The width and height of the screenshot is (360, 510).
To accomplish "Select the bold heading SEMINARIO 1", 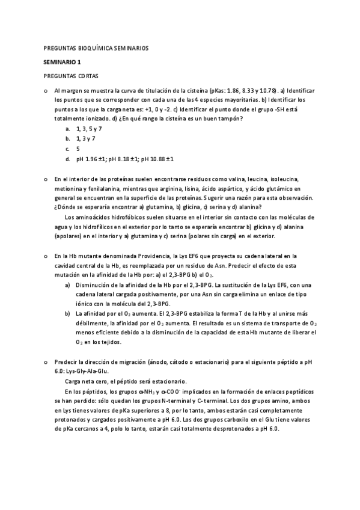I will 62,61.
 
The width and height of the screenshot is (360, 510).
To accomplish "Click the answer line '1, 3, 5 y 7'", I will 89,129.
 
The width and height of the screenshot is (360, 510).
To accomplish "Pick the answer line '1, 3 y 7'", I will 86,138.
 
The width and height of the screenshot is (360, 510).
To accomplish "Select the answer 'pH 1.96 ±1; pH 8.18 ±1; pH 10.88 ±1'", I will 125,159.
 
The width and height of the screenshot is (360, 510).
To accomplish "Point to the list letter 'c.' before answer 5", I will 68,149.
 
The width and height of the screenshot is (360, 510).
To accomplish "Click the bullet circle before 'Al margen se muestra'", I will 46,90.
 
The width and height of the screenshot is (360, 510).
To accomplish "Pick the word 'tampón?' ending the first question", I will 231,118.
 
